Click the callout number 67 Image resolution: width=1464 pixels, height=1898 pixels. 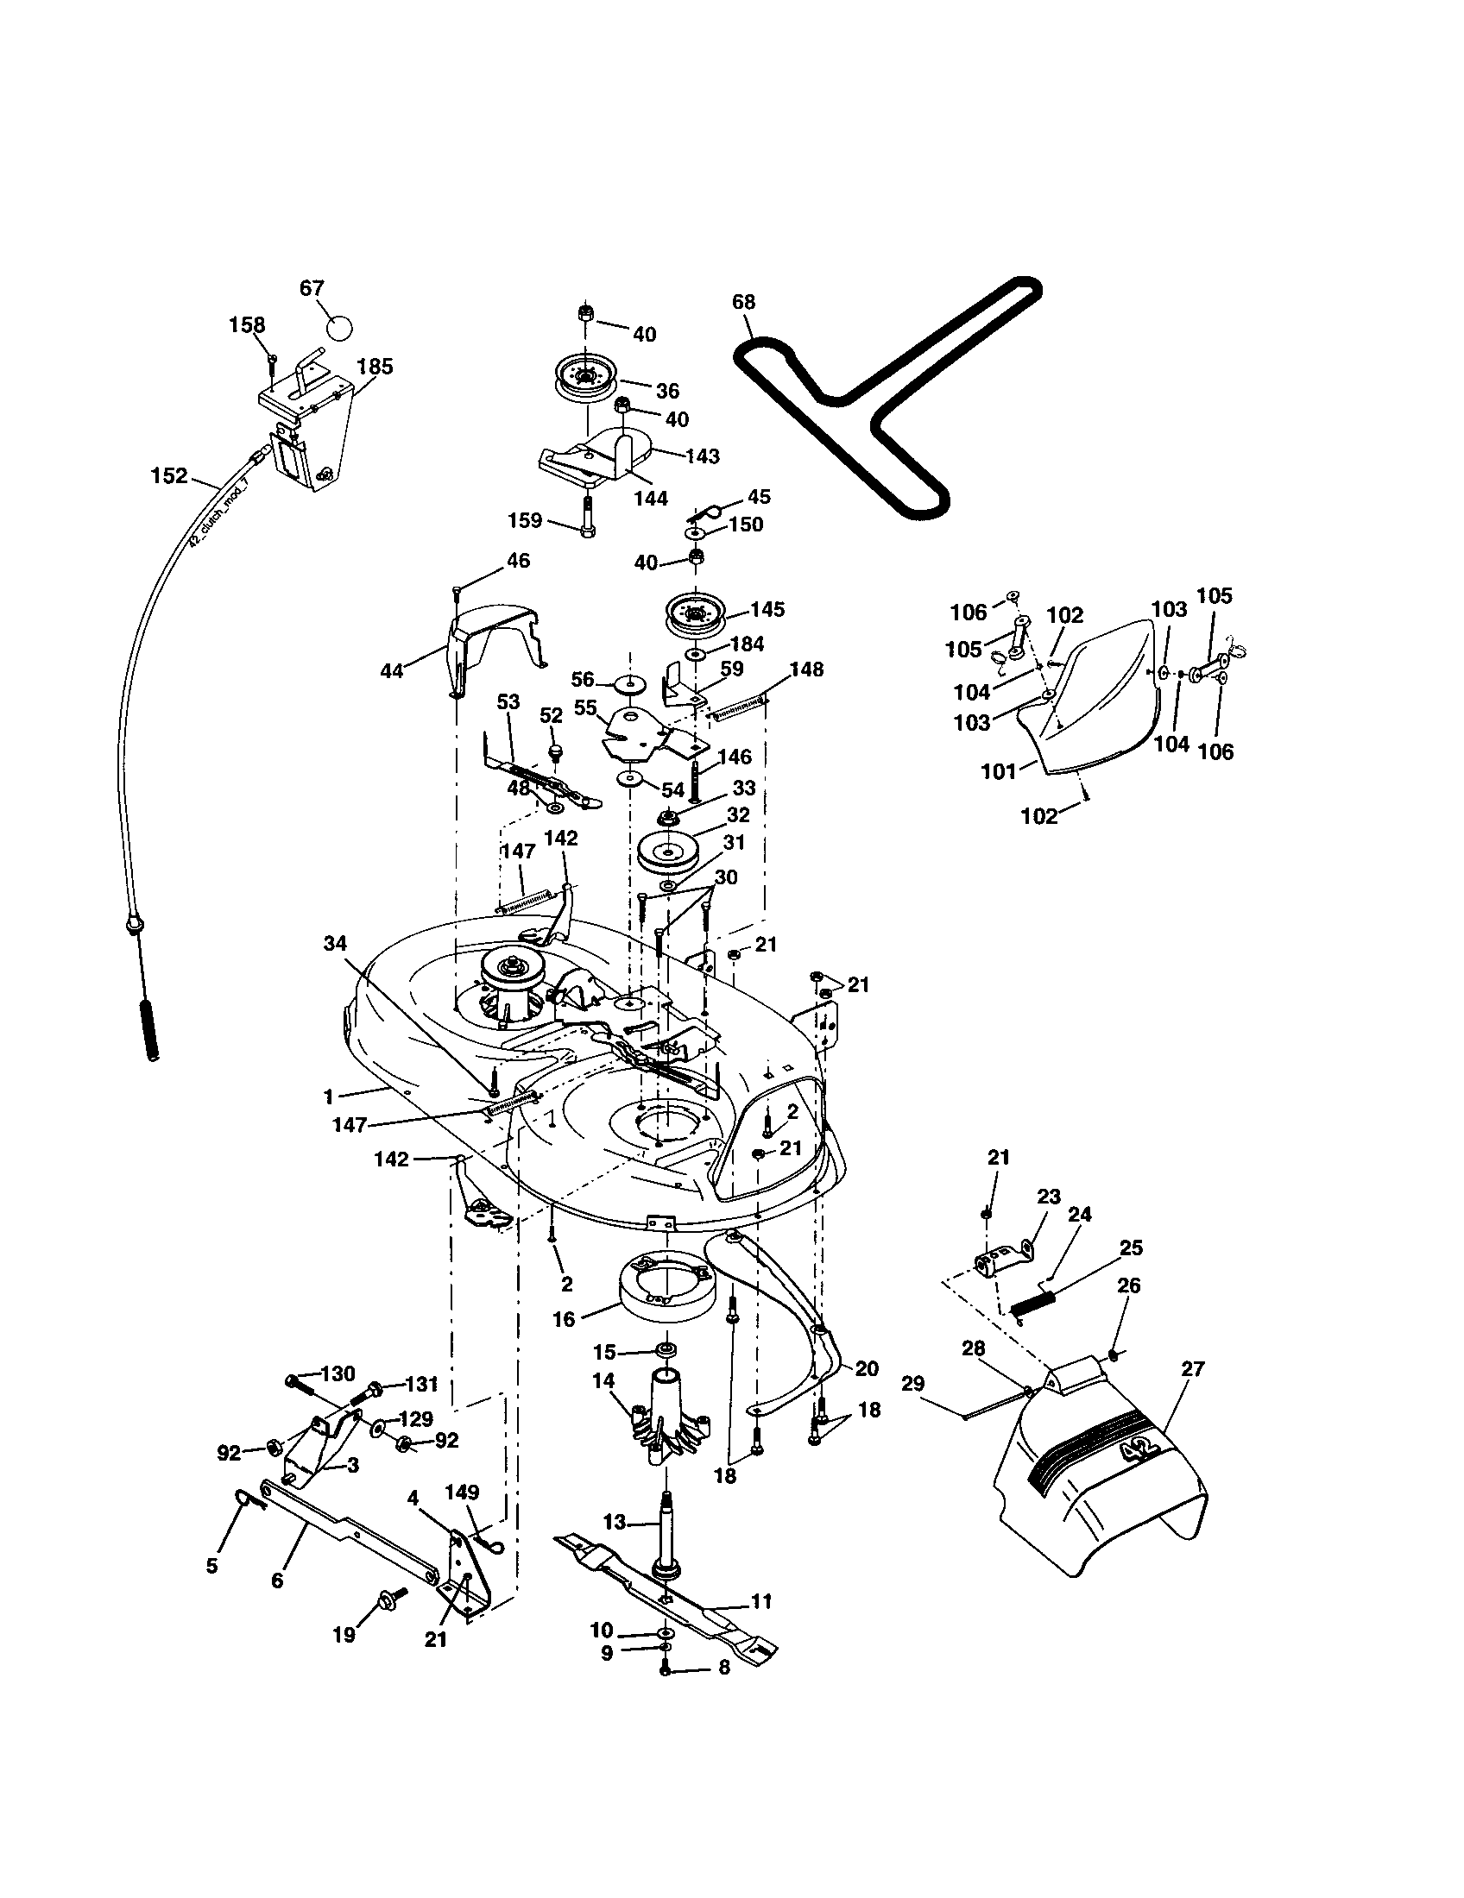(x=312, y=288)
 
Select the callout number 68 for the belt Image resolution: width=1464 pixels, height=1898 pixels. (x=743, y=303)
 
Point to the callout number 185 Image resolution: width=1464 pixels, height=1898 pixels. (x=375, y=367)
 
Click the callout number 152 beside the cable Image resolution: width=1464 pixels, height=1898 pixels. (x=168, y=475)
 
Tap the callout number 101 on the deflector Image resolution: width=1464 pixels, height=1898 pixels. (x=998, y=770)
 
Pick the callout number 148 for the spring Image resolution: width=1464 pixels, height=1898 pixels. (x=807, y=669)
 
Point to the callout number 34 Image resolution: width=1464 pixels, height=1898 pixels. (x=335, y=944)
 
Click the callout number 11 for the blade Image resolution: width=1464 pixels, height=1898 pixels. (x=760, y=1600)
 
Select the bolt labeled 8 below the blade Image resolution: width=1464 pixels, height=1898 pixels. (x=665, y=1668)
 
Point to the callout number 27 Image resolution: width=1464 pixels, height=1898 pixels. (x=1193, y=1369)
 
